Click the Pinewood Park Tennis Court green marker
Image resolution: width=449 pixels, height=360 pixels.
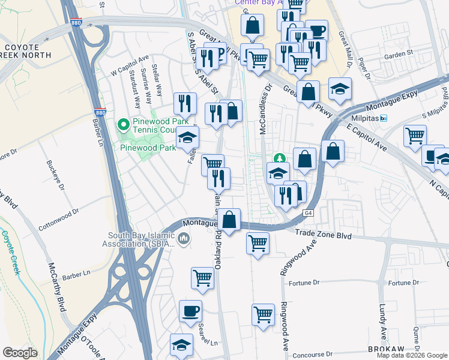(124, 125)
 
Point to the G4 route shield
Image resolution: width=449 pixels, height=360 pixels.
(309, 213)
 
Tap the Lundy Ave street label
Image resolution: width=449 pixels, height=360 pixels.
(382, 322)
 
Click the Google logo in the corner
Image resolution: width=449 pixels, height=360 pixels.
(20, 353)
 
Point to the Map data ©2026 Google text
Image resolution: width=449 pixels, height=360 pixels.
(412, 355)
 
